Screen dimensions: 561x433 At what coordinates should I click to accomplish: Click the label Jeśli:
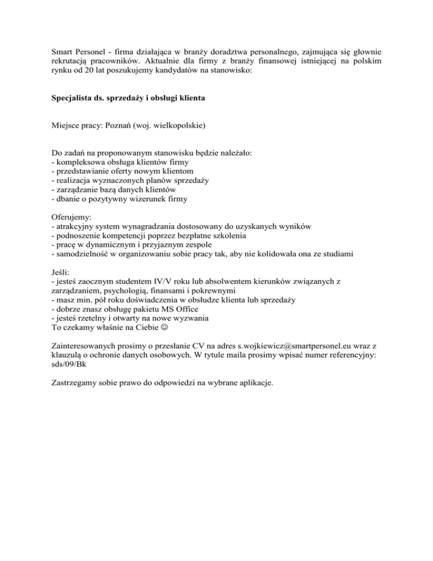point(61,271)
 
